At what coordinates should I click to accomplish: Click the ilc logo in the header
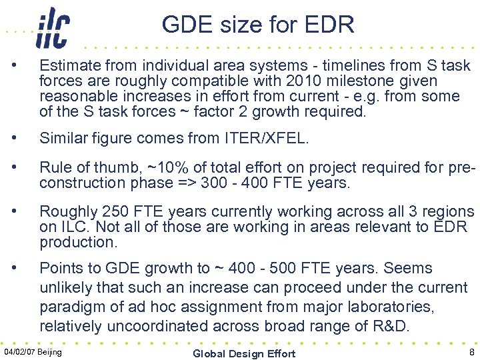click(x=53, y=28)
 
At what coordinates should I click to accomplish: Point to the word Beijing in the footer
click(x=51, y=351)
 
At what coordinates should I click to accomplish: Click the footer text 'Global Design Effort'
click(x=244, y=353)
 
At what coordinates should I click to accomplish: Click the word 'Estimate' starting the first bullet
click(x=68, y=66)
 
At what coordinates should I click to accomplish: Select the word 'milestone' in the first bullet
click(x=372, y=81)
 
